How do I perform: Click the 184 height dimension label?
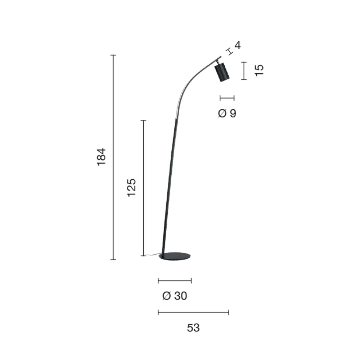(102, 157)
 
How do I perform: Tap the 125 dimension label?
(132, 187)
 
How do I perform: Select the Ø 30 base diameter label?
(175, 296)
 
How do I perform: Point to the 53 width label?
(193, 328)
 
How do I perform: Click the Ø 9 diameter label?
(227, 113)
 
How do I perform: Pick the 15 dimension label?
(259, 70)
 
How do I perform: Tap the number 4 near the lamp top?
(237, 45)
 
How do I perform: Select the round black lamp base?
(176, 256)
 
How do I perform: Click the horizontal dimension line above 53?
(193, 312)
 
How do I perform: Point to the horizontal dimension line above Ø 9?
(227, 98)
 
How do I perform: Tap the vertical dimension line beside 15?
(244, 71)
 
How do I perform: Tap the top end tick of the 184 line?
(113, 55)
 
